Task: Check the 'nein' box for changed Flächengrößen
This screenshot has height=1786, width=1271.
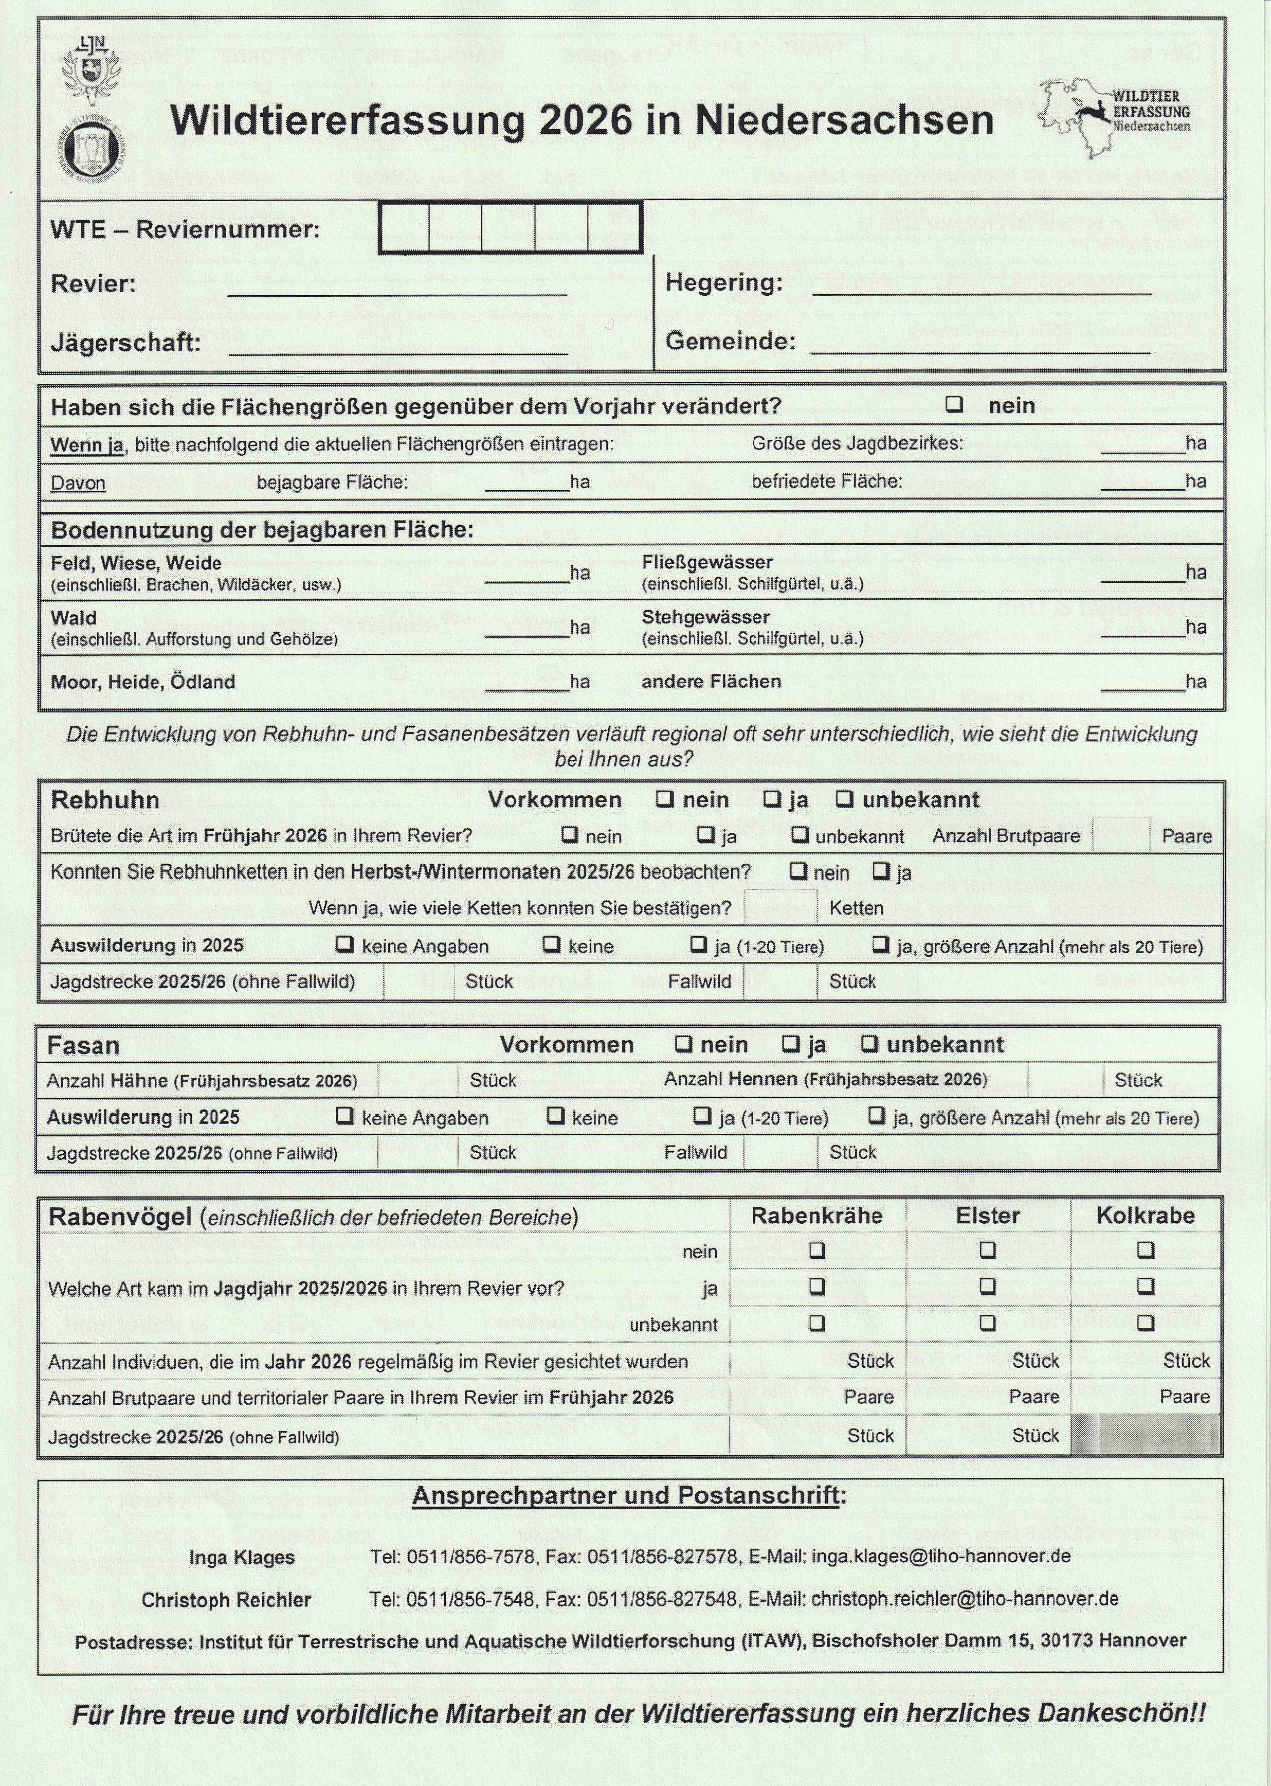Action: point(954,405)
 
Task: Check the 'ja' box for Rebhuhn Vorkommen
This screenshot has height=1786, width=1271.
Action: point(772,799)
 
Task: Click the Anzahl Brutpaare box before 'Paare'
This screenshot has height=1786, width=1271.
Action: point(1121,835)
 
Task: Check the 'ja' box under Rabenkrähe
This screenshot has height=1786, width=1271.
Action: point(817,1285)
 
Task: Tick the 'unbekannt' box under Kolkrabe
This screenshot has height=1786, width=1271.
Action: point(1146,1323)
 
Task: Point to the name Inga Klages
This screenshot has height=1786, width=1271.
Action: point(242,1558)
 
